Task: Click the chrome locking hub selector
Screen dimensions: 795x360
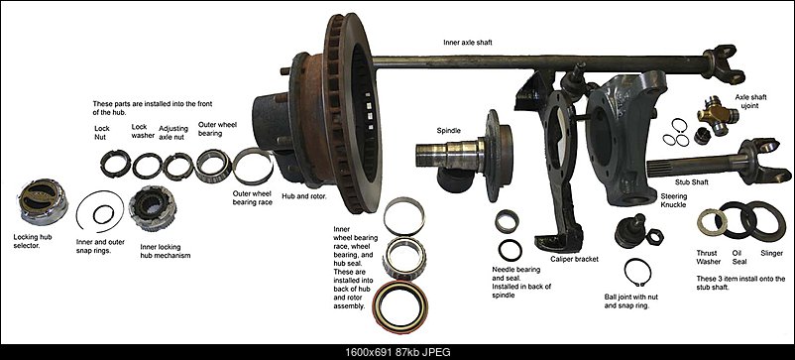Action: tap(42, 201)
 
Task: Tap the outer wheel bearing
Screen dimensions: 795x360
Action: tap(213, 166)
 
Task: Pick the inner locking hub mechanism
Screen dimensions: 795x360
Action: tap(153, 208)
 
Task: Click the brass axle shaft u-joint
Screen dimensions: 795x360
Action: tap(718, 115)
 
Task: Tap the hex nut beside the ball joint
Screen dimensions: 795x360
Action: tap(654, 237)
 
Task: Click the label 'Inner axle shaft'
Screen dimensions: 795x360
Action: tap(468, 43)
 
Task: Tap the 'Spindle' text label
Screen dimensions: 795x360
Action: tap(448, 130)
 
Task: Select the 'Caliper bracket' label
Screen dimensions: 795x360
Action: tap(575, 259)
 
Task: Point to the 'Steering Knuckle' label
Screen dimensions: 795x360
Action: tap(674, 200)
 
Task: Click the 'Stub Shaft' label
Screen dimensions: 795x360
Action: tap(692, 181)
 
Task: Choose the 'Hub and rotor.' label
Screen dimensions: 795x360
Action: tap(303, 195)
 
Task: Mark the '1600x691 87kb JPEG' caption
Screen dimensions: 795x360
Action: tap(397, 352)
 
